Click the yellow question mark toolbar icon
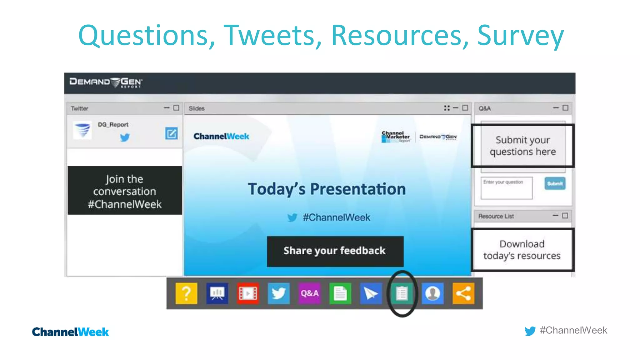[186, 293]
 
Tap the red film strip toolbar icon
[248, 293]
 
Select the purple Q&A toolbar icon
[309, 293]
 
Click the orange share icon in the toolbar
[463, 293]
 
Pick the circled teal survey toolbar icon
[402, 293]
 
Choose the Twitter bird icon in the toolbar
[278, 293]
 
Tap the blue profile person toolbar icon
[432, 293]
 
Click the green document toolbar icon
[340, 293]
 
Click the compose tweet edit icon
[171, 133]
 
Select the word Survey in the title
[520, 36]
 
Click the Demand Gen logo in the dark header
[106, 82]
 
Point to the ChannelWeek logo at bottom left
[70, 332]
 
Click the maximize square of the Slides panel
[465, 108]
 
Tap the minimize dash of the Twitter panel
[167, 108]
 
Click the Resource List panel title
[496, 216]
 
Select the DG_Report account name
[113, 125]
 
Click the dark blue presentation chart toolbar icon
[217, 293]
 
